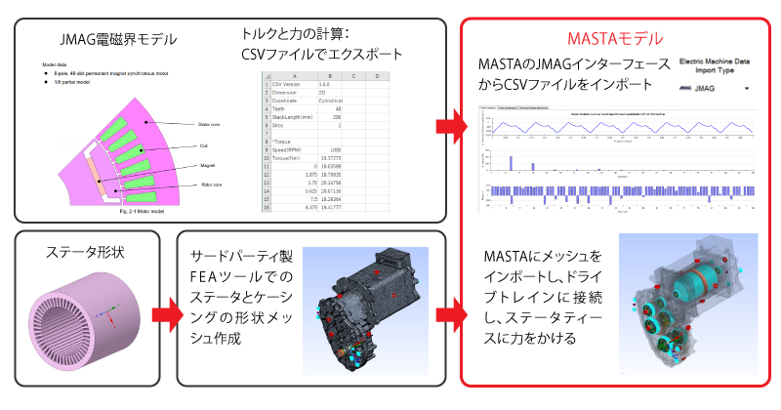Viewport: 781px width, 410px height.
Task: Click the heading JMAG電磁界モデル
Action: (x=117, y=40)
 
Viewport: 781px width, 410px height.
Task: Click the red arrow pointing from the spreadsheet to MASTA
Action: (x=445, y=126)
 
